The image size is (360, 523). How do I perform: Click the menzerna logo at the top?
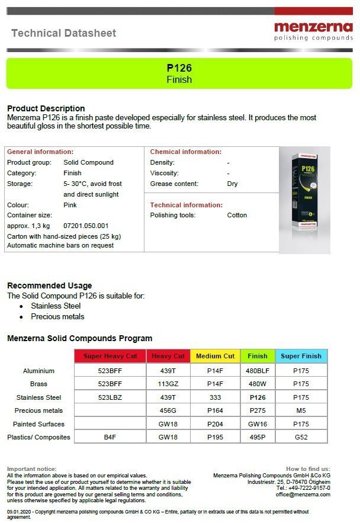(x=313, y=31)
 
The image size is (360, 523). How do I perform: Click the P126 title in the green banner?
(x=179, y=68)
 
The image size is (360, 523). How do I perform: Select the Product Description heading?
(x=46, y=108)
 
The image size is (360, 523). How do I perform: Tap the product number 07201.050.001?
(x=86, y=226)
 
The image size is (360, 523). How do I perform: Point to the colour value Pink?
(x=70, y=205)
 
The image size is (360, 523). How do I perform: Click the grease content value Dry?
(x=232, y=184)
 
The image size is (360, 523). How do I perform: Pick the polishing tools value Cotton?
(x=237, y=215)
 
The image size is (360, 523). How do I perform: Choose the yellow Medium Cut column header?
(x=215, y=356)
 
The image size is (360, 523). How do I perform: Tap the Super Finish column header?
(x=301, y=356)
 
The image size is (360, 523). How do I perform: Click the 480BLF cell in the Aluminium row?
(x=258, y=371)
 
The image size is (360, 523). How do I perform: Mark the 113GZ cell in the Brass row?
(x=168, y=384)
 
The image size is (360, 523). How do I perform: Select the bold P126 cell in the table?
(x=258, y=397)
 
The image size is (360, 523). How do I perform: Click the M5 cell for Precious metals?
(x=301, y=410)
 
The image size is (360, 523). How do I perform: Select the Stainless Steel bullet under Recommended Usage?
(x=56, y=306)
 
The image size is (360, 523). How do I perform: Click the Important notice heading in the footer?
(x=32, y=469)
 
